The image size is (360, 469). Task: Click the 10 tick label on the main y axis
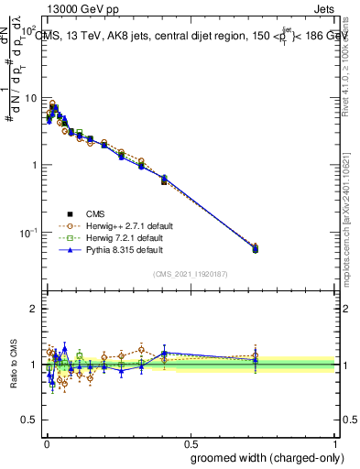click(x=29, y=98)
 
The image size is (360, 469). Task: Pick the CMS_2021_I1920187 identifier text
click(x=191, y=274)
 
